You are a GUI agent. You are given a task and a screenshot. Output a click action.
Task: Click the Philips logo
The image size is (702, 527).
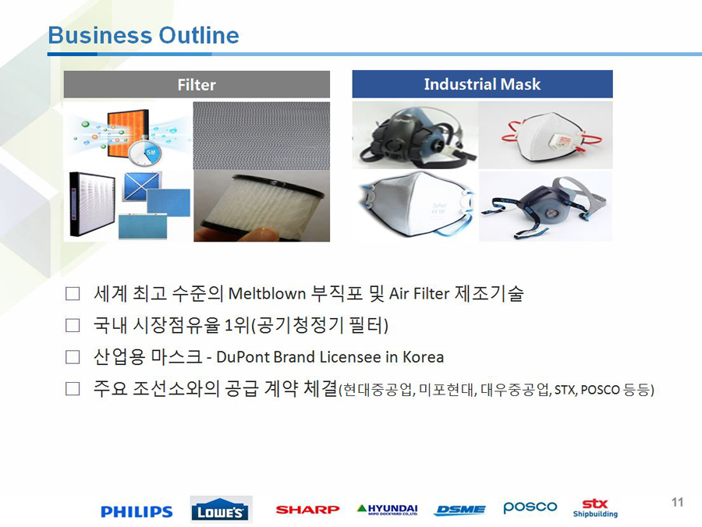(x=136, y=511)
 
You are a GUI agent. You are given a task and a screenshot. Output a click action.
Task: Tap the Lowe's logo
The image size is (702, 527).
(x=222, y=510)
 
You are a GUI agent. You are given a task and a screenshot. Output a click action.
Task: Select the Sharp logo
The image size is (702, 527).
(x=307, y=510)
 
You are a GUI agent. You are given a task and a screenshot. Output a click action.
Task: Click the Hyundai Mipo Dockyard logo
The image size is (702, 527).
(x=388, y=510)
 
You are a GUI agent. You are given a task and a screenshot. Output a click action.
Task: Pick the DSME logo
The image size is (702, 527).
(x=459, y=510)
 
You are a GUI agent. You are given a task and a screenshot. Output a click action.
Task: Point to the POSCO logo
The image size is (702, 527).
(x=530, y=508)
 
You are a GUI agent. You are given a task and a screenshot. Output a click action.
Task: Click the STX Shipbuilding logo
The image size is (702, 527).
(x=595, y=508)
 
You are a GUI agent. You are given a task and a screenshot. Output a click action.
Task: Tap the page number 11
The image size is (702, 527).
(x=677, y=502)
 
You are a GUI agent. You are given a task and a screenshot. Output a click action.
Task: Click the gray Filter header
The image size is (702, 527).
(x=197, y=84)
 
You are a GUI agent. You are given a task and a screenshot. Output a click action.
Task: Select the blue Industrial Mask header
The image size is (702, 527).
(x=482, y=84)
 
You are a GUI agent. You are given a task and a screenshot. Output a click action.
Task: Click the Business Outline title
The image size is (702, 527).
(x=144, y=35)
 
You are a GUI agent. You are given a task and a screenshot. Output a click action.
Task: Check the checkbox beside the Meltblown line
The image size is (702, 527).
(x=73, y=294)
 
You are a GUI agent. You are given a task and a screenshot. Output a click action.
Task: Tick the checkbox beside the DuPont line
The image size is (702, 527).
(x=73, y=357)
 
